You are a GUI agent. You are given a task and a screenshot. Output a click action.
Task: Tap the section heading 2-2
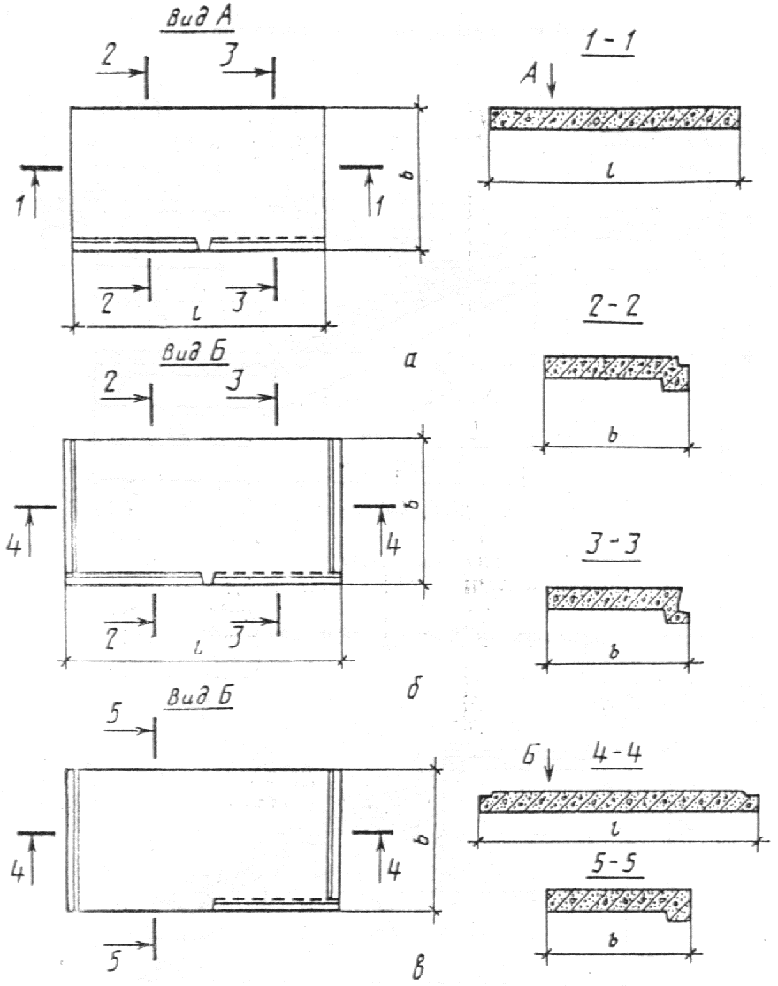coord(613,308)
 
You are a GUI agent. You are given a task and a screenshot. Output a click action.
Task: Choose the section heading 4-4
coord(616,753)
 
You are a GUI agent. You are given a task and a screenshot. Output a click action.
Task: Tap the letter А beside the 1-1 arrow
coord(530,75)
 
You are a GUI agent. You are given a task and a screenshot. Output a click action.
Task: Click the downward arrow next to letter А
coord(551,80)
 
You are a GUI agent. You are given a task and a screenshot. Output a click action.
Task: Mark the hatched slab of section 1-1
coord(614,118)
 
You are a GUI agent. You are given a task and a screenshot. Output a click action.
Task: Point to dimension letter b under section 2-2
coord(614,434)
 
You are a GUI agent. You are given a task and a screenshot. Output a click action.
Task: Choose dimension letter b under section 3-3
coord(614,651)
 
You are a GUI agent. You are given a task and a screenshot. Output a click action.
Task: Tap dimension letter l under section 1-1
coord(610,171)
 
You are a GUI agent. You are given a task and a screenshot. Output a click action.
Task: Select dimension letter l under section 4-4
coord(616,829)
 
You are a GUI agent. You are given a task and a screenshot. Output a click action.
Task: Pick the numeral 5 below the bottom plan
coord(114,960)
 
